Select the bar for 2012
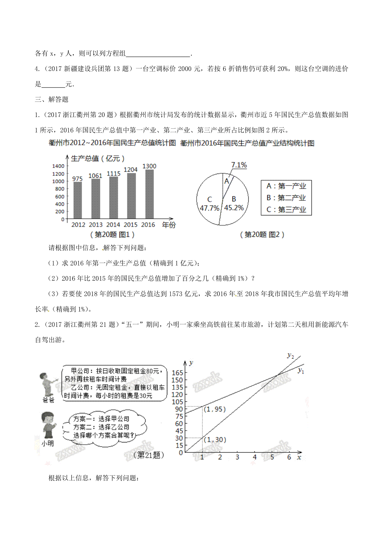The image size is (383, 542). pos(78,200)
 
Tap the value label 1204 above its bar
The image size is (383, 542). pos(131,169)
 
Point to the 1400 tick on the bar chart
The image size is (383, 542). pos(58,166)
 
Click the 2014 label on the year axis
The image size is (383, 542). pos(113,225)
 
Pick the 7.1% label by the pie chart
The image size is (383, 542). pos(239,165)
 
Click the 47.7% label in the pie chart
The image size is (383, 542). pos(209,208)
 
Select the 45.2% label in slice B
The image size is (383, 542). pos(234,208)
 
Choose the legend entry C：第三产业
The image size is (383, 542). pos(286,210)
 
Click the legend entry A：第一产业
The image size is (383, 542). pos(286,186)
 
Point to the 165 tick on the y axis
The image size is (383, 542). pos(177,373)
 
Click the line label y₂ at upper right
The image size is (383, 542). pos(290,356)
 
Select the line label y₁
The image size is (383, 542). pos(301,371)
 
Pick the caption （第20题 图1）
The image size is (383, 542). pos(112,235)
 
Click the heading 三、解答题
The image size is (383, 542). pos(52,100)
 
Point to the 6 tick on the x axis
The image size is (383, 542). pos(289,457)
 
